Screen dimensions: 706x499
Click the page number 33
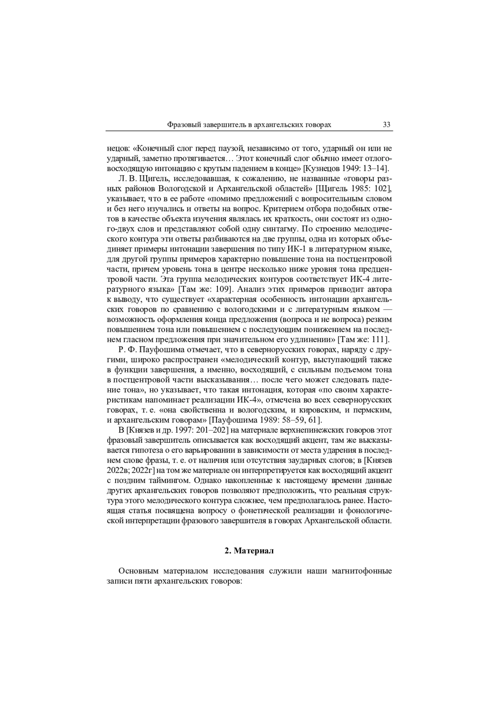click(386, 125)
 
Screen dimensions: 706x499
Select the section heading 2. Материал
click(249, 551)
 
